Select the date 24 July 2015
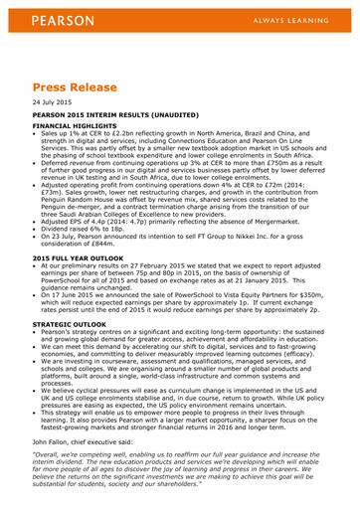(x=53, y=103)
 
